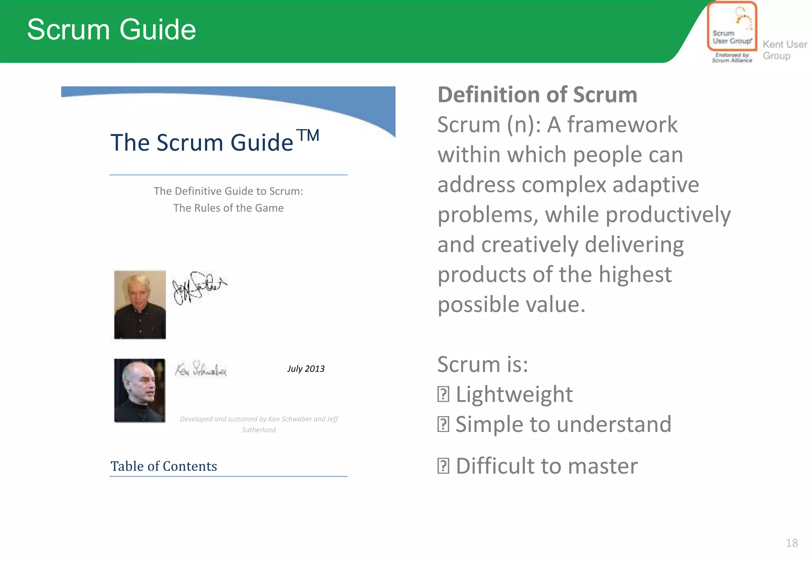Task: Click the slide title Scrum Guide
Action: (x=111, y=30)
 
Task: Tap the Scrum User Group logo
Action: (x=732, y=32)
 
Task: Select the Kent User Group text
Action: (x=784, y=50)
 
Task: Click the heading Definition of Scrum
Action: (x=537, y=95)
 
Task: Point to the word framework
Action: (x=622, y=125)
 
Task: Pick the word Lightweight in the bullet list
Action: (x=514, y=394)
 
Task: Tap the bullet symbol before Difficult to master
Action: (x=443, y=466)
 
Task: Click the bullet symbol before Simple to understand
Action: (x=443, y=424)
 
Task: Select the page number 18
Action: (x=792, y=543)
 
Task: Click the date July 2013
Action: (x=306, y=369)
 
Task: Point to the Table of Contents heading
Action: (x=164, y=466)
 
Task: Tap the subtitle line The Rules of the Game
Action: (x=228, y=208)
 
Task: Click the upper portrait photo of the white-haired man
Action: (x=140, y=304)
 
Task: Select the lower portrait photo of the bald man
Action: (x=140, y=390)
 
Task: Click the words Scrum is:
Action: (x=483, y=364)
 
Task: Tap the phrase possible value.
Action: (x=511, y=304)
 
